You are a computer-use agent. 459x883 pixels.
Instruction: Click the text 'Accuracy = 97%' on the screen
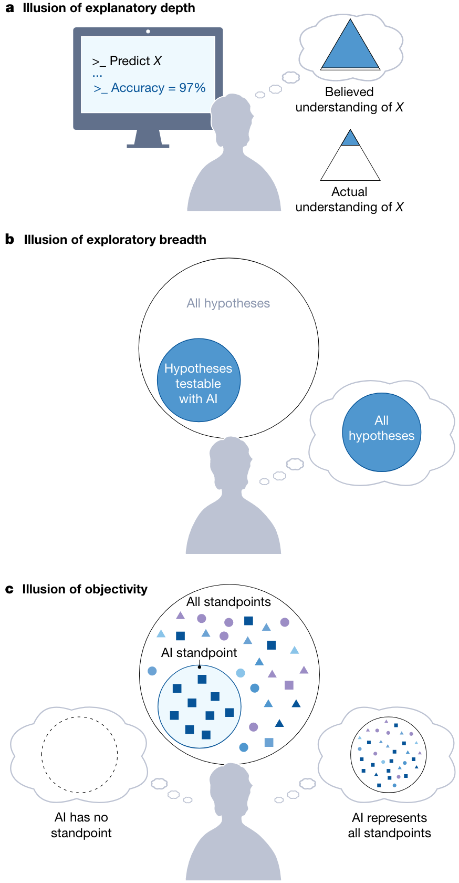pos(158,88)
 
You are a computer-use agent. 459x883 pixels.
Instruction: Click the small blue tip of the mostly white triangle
pos(350,139)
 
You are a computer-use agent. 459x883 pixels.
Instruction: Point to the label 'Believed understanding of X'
pos(349,99)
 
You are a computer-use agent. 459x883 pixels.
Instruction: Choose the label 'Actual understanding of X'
pos(349,199)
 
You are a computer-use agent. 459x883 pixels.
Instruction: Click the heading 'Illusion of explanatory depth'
pos(109,8)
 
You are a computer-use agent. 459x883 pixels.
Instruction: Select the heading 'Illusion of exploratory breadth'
pos(115,240)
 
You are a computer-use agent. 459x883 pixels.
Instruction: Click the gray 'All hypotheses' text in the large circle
pos(228,303)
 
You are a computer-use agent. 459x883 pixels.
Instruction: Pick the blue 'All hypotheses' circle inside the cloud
pos(382,432)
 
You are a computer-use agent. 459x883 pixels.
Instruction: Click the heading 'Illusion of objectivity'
pos(85,589)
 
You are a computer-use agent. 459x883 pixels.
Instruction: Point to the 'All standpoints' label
pos(228,602)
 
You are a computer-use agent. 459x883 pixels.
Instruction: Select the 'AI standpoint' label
pos(199,653)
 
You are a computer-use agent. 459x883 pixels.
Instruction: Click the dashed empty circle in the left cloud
pos(80,754)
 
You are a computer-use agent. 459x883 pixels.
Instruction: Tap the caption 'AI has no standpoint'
pos(81,825)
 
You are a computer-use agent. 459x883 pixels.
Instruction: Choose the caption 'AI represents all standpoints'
pos(389,825)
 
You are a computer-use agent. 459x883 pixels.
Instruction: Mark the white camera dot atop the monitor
pos(148,32)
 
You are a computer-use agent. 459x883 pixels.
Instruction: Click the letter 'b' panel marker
pos(9,240)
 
